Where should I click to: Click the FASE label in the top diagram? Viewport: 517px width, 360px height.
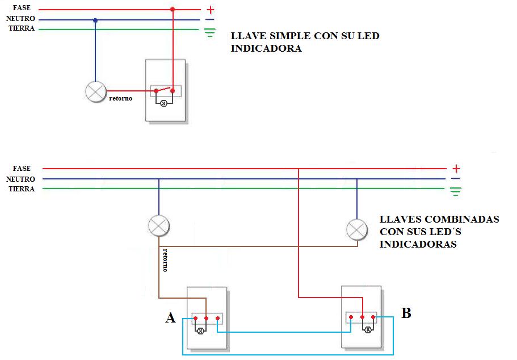22,8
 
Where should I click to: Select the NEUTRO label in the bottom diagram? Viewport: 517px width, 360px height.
20,179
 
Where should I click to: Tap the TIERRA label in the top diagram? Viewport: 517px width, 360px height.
22,28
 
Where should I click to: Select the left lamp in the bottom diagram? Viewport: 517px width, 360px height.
158,225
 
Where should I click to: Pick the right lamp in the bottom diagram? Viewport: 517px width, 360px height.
356,229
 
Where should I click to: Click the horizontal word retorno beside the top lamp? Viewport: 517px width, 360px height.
120,99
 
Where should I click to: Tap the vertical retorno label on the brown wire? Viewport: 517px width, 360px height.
165,259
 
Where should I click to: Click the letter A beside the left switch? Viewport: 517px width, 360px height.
170,318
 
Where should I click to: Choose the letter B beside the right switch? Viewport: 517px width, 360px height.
406,313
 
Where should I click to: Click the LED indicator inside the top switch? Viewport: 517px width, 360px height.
165,103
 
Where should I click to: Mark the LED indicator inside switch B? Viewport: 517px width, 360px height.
367,329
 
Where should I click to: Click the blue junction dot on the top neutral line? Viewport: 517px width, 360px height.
95,20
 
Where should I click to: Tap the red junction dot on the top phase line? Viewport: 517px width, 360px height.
173,10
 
